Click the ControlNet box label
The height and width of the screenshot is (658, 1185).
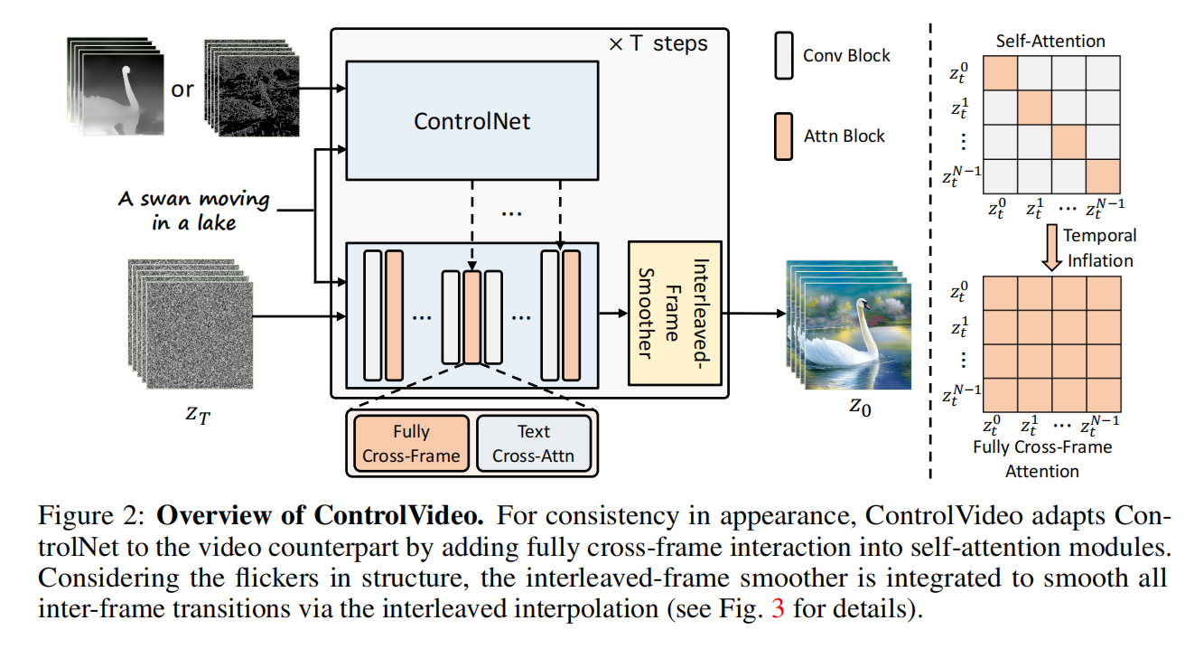point(471,121)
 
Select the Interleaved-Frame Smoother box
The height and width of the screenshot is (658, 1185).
point(675,314)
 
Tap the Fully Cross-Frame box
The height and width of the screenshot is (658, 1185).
point(411,444)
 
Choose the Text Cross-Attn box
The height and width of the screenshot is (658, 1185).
point(533,444)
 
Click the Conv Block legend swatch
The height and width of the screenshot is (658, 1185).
point(783,55)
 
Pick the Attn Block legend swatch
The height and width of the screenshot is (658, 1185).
point(783,136)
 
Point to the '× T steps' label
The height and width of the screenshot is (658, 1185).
point(658,43)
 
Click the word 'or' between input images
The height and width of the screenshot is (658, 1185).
point(182,89)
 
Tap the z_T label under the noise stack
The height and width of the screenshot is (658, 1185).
point(198,415)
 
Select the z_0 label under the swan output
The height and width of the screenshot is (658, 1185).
point(860,407)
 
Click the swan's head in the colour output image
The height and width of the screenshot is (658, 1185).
point(863,305)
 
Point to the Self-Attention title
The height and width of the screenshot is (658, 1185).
point(1050,41)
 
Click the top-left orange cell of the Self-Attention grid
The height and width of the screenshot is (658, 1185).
point(1001,73)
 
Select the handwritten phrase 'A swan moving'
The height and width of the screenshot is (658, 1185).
point(193,199)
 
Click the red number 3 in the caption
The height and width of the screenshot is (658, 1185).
point(778,608)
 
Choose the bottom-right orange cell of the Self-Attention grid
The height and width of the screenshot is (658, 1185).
point(1103,176)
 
